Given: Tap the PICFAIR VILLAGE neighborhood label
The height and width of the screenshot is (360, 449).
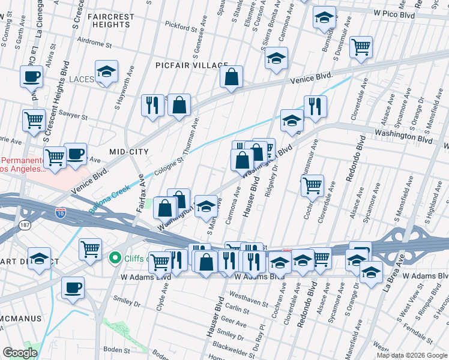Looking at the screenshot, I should pyautogui.click(x=191, y=65).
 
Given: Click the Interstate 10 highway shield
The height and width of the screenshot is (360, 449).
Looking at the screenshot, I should pyautogui.click(x=60, y=212).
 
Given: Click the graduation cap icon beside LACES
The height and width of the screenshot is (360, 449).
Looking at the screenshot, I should pyautogui.click(x=106, y=72).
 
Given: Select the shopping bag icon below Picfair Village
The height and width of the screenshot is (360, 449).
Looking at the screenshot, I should pyautogui.click(x=231, y=77).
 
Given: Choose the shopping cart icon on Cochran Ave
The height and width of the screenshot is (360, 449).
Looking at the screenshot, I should pyautogui.click(x=312, y=187).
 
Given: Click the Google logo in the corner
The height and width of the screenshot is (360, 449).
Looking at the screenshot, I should pyautogui.click(x=20, y=353).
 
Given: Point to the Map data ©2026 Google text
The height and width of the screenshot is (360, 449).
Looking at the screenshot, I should pyautogui.click(x=412, y=355).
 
